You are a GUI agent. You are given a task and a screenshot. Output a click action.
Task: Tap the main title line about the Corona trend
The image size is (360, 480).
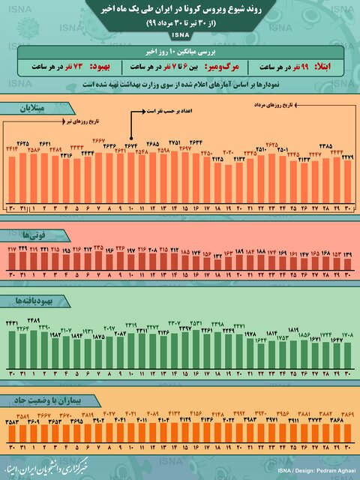coord(180,10)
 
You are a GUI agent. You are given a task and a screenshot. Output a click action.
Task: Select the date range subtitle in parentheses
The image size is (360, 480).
coord(180,23)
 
